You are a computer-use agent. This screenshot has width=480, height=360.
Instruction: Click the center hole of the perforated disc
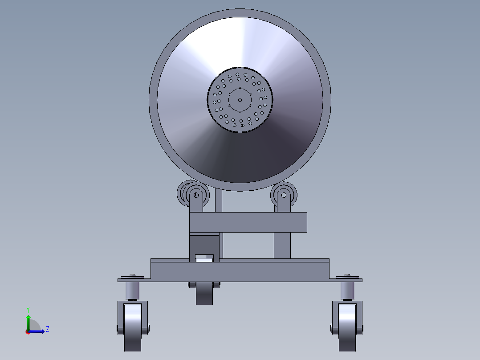[240, 100]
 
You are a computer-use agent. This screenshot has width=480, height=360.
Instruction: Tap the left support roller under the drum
[195, 195]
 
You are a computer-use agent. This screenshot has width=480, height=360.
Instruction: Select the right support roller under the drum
[283, 195]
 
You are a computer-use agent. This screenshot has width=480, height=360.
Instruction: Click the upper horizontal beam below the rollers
[248, 222]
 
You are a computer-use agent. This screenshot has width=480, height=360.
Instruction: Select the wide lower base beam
[240, 270]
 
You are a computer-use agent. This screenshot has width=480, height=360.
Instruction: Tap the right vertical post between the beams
[282, 245]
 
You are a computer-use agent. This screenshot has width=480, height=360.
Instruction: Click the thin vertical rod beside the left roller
[219, 200]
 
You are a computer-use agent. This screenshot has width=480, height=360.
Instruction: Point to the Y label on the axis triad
[28, 309]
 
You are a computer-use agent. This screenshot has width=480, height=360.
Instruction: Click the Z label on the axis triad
[47, 329]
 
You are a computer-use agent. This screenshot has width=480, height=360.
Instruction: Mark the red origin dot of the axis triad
[28, 332]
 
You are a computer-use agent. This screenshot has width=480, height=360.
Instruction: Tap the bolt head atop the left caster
[132, 275]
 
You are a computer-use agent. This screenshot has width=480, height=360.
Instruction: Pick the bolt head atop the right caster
[347, 275]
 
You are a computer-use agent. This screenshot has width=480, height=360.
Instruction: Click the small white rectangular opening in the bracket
[205, 258]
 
